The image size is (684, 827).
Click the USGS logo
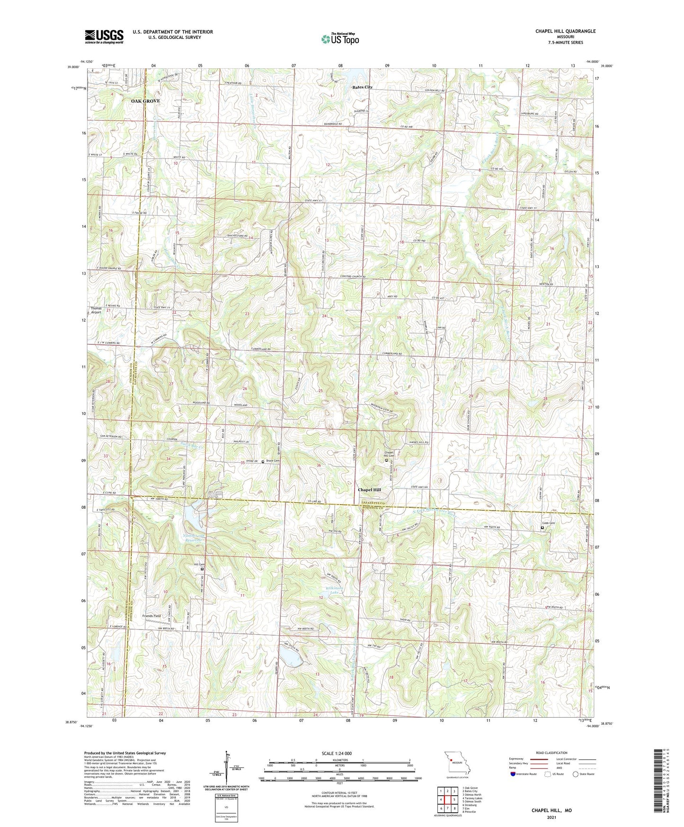(x=104, y=36)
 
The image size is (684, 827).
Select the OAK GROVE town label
(x=146, y=101)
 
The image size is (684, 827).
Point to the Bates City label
(x=362, y=88)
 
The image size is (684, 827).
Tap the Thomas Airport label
(x=96, y=310)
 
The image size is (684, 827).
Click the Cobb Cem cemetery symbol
(x=542, y=528)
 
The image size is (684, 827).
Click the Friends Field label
(x=151, y=616)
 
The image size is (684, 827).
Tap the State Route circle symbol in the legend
(x=576, y=774)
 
